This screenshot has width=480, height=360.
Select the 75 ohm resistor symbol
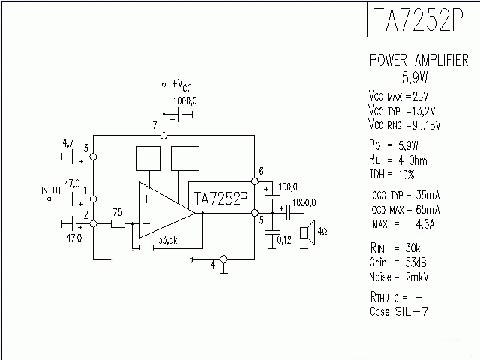pyautogui.click(x=118, y=223)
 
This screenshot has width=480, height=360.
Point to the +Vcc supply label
pyautogui.click(x=181, y=85)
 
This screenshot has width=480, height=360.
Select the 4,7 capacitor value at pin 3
pyautogui.click(x=67, y=142)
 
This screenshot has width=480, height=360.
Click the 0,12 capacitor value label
pyautogui.click(x=284, y=240)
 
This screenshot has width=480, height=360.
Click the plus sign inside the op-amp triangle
pyautogui.click(x=145, y=199)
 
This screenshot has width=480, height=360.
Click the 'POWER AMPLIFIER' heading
pyautogui.click(x=418, y=61)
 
